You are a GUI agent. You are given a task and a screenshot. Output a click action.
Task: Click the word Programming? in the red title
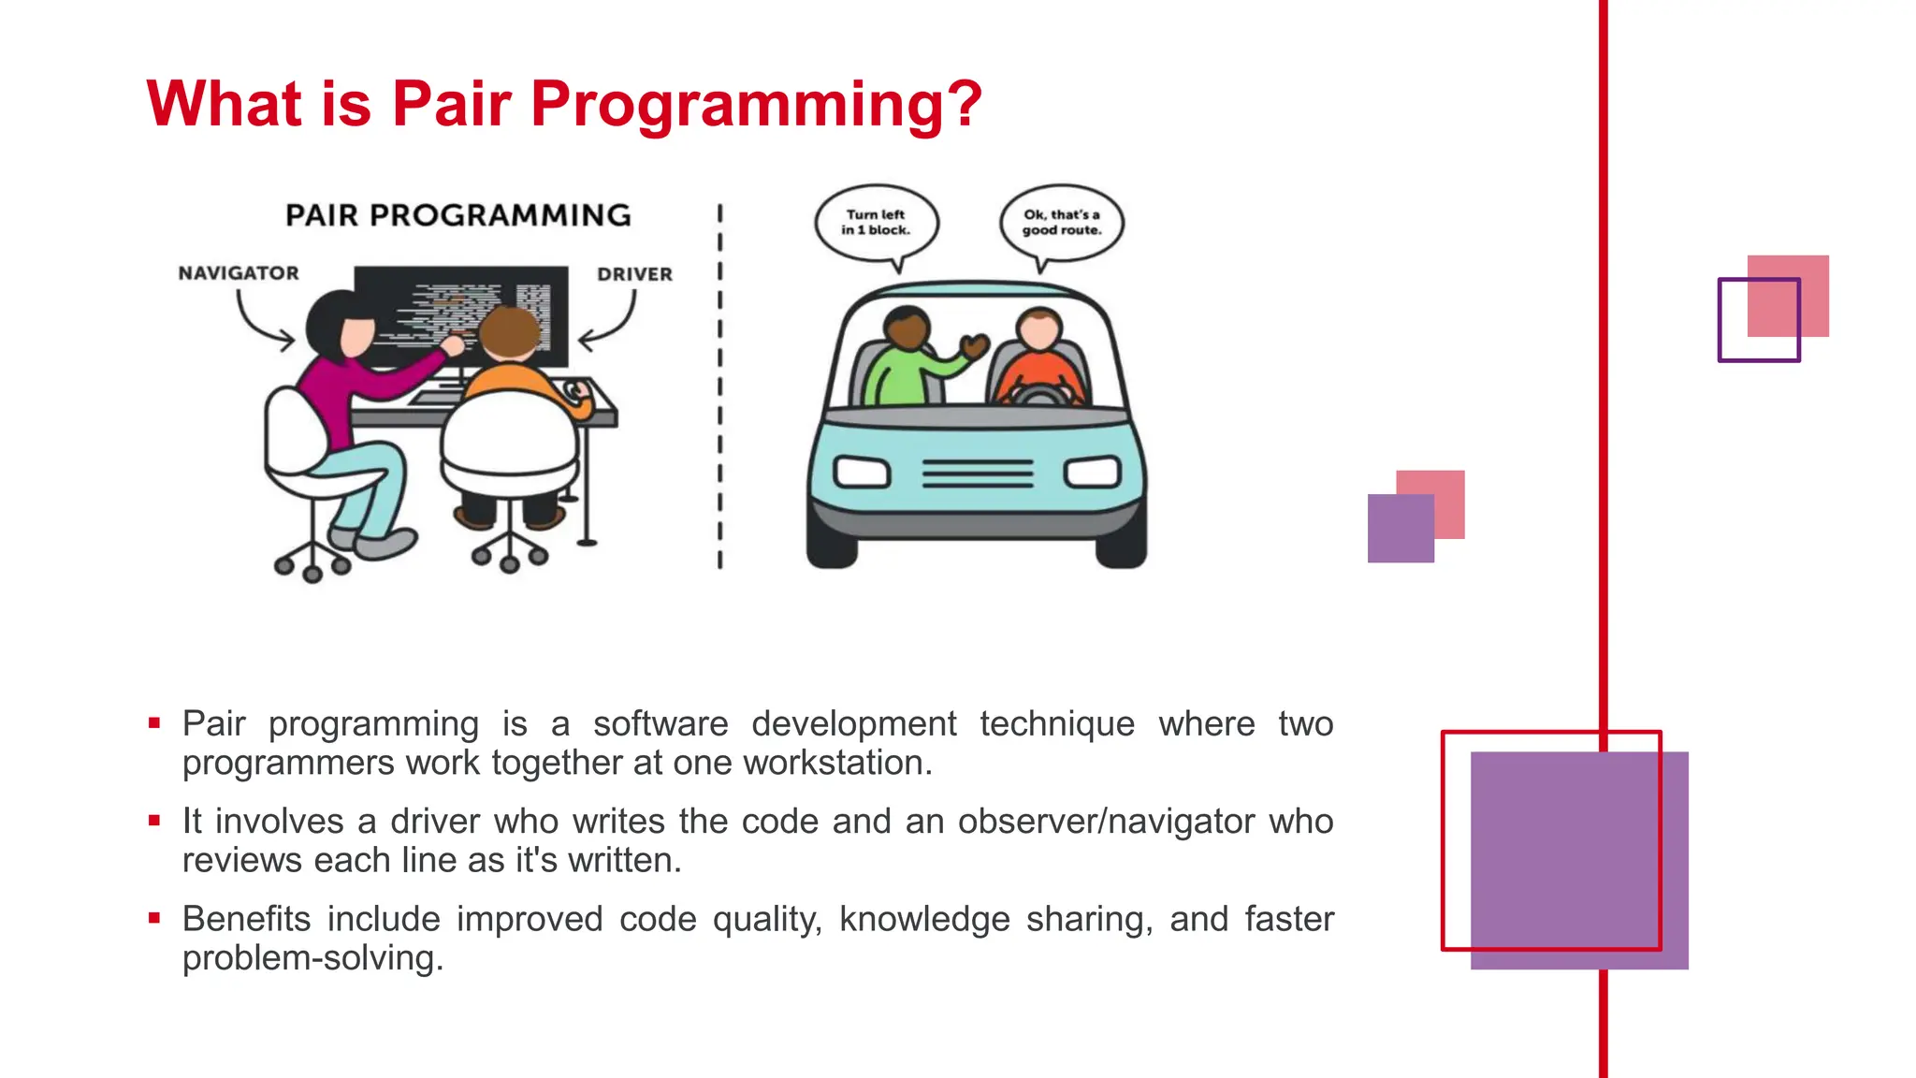point(756,105)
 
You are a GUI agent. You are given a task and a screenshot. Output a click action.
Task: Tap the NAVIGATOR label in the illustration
point(239,273)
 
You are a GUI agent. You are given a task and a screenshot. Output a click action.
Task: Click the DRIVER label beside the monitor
point(634,274)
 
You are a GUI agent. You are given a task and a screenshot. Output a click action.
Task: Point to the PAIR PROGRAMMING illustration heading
point(457,215)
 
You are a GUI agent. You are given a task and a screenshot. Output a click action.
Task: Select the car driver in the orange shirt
point(1038,360)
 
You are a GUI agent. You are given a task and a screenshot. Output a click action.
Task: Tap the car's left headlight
point(861,472)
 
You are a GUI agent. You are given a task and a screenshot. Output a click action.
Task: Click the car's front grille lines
point(978,473)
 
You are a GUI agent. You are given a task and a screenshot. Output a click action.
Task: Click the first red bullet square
point(154,722)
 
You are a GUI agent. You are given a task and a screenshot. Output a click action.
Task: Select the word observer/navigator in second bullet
point(1106,822)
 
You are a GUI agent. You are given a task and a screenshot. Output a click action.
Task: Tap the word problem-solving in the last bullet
point(312,958)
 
